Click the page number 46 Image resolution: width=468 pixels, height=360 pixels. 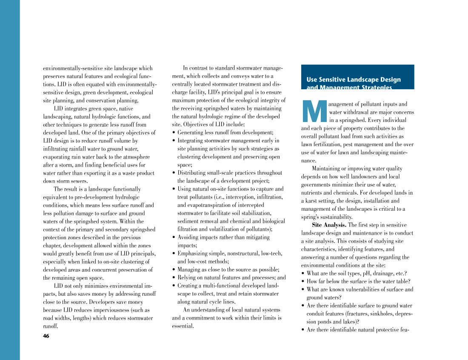click(46, 336)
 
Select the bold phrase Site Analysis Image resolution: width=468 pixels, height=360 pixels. click(329, 225)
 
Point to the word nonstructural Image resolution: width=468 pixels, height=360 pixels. click(242, 253)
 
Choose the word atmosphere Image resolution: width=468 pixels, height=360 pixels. click(133, 157)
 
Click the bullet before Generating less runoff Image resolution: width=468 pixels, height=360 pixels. click(174, 133)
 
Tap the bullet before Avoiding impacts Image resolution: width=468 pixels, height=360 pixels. click(174, 237)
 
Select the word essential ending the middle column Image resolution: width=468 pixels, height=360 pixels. click(182, 326)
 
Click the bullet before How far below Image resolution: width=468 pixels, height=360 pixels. click(302, 281)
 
